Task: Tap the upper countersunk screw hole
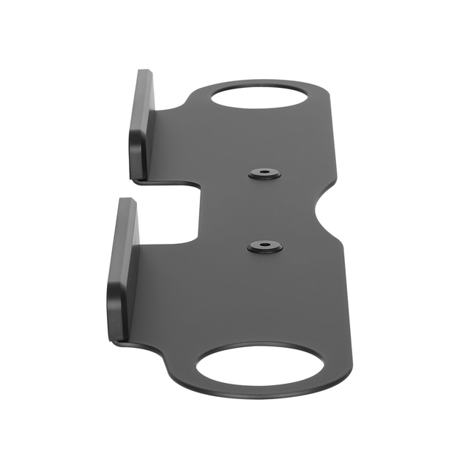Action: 264,174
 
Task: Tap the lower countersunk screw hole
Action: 264,247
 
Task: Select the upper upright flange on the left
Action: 141,124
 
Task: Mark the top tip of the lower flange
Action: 127,201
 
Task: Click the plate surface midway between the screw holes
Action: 264,210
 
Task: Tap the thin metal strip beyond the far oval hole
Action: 264,81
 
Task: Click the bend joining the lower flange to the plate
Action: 136,293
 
